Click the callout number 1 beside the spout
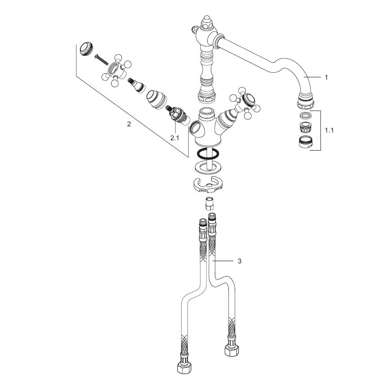pos(326,77)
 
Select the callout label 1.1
pos(329,130)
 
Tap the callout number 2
pos(129,124)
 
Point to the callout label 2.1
pos(174,138)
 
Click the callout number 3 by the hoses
pos(240,261)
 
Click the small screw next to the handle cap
pos(101,60)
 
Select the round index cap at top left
pos(86,49)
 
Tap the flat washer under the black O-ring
pos(208,168)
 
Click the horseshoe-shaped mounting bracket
pos(208,185)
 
